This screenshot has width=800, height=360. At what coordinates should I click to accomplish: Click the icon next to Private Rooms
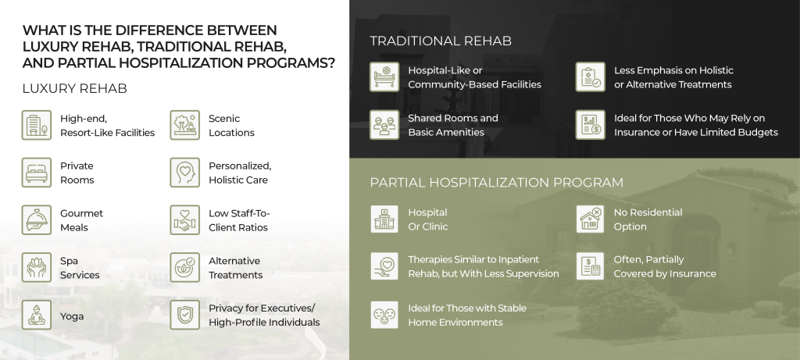pos(37,173)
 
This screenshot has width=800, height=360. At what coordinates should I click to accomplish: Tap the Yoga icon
pos(37,315)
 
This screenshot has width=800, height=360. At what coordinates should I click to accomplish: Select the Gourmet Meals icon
pos(37,220)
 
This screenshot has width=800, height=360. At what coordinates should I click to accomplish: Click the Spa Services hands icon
pos(37,268)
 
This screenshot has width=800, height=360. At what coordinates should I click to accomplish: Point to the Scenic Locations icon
pos(185,125)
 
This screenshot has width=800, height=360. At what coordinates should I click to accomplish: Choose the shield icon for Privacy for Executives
pos(185,315)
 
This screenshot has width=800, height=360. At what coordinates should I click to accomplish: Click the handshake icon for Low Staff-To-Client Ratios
pos(185,220)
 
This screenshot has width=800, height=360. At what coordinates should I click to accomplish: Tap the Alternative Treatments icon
pos(185,268)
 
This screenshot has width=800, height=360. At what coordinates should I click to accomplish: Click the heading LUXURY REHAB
pos(75,88)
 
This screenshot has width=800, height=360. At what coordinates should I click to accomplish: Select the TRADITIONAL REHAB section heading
pos(441,41)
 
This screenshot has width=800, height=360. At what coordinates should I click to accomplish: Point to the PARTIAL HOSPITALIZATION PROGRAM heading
pos(496,183)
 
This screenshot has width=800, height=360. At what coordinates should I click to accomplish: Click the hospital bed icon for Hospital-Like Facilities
pos(384,77)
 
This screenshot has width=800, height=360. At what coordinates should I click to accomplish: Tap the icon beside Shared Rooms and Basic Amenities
pos(384,125)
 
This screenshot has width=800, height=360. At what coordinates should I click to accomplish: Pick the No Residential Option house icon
pos(591,219)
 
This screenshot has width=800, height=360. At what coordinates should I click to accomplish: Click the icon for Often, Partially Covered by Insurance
pos(591,266)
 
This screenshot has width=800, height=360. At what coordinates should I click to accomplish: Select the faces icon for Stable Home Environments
pos(384,315)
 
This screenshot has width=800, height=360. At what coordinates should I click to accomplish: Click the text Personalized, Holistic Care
pos(240,173)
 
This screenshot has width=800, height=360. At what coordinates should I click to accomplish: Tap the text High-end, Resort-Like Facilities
pos(107,126)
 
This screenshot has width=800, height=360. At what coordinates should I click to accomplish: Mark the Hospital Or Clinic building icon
pos(384,219)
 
